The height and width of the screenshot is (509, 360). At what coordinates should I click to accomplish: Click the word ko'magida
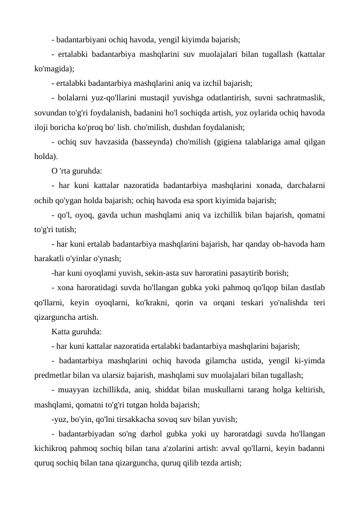click(x=53, y=69)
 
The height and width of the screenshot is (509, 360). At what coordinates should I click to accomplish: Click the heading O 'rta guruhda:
click(x=77, y=172)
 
